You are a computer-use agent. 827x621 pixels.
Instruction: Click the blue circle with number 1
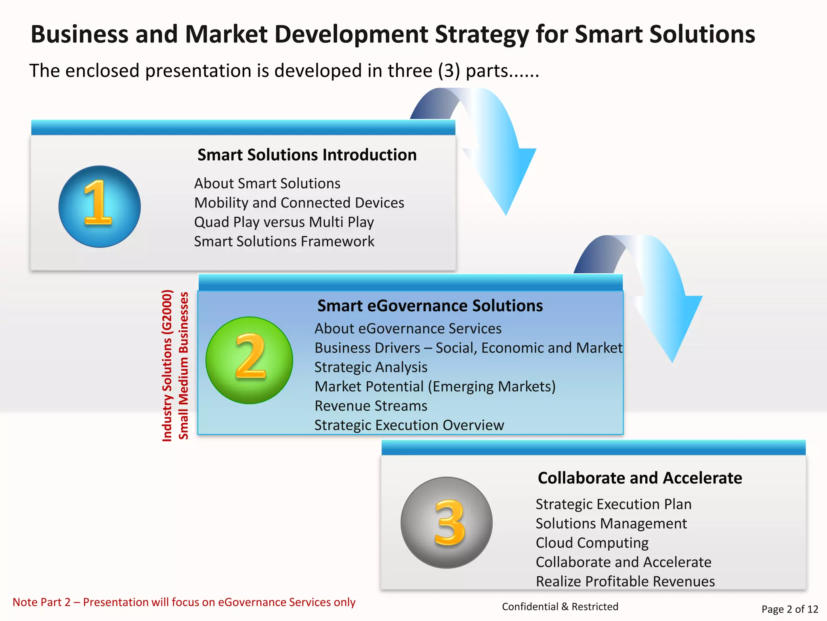pos(99,207)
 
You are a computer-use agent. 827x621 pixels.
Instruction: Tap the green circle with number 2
pos(249,360)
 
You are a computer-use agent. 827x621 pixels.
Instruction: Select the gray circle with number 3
pos(446,522)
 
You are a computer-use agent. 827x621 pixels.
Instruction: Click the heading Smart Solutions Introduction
pos(307,155)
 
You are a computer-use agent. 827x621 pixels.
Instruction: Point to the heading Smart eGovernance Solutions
pos(430,306)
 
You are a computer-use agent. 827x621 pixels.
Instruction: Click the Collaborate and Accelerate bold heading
pos(640,478)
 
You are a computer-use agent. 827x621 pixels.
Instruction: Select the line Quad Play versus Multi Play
pos(284,222)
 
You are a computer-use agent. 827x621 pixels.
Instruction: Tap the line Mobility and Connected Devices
pos(299,203)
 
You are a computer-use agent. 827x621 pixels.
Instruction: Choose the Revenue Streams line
pos(371,406)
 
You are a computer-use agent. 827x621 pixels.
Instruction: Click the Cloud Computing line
pos(592,543)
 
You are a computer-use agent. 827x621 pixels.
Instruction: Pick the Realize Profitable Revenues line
pos(625,581)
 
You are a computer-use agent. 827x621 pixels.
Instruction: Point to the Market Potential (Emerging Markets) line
pos(435,386)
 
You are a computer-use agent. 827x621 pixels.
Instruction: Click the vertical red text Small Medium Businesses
pos(184,365)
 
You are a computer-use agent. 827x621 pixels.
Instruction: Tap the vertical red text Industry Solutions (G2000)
pos(167,365)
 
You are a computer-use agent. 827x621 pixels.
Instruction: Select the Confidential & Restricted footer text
pos(560,606)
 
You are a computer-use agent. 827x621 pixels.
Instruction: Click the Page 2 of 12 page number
pos(789,609)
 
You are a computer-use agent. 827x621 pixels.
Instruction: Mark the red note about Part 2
pos(184,602)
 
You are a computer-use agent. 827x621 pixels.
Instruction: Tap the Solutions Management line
pos(611,524)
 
